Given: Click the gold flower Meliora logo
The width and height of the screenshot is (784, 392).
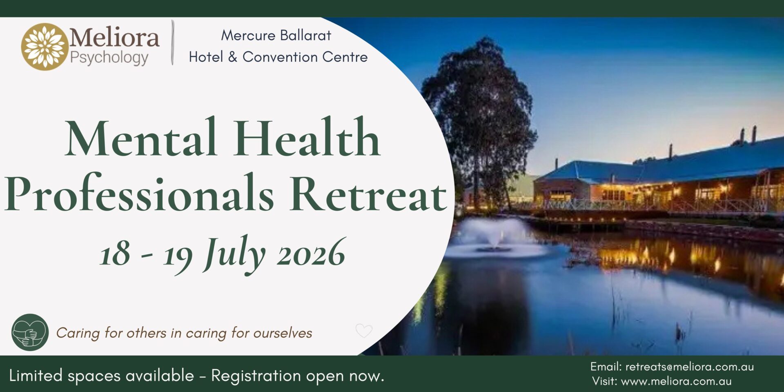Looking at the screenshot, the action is pos(45,46).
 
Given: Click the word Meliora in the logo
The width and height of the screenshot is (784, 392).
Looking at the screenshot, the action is pos(114,38).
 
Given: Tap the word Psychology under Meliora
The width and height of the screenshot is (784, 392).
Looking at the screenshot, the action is pos(109,58).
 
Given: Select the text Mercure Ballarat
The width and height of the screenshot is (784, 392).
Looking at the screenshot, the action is pos(276,36).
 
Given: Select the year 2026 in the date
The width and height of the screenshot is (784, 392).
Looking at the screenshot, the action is pos(311,253).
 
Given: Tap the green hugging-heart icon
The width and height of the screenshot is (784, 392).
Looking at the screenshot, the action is pos(30,332).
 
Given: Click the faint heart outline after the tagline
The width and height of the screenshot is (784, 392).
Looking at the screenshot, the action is pos(364,330).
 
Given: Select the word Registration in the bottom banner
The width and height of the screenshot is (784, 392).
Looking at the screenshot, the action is pos(256,376).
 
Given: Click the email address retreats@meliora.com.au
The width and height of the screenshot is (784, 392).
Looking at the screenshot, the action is pos(689,367).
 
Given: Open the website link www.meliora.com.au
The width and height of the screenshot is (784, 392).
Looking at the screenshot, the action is pos(676,381).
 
